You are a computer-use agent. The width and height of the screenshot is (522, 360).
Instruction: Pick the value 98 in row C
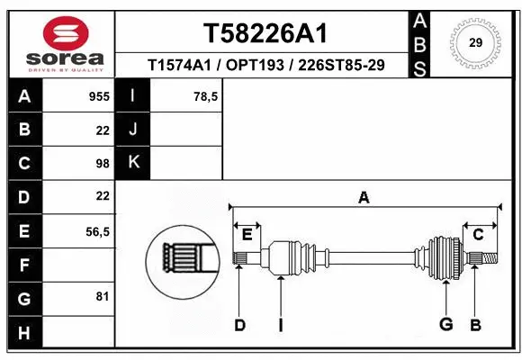click(103, 163)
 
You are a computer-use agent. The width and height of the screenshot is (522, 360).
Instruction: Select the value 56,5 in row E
click(97, 231)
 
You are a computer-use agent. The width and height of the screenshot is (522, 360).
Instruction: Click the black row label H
click(23, 334)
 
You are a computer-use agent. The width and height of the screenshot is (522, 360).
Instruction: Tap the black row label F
click(23, 265)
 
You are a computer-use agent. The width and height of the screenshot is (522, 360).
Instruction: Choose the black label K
click(133, 163)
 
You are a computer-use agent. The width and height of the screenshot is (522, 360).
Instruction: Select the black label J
click(133, 130)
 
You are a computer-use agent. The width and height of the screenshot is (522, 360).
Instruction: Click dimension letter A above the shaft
click(364, 198)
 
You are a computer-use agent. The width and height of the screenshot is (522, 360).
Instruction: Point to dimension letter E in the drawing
click(247, 234)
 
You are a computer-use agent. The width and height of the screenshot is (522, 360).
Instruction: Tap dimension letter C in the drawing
click(479, 234)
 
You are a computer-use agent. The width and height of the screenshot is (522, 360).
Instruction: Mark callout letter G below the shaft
click(445, 325)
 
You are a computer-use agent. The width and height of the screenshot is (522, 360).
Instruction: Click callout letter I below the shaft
click(280, 325)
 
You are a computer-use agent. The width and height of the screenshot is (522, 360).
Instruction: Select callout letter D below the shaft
click(239, 325)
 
